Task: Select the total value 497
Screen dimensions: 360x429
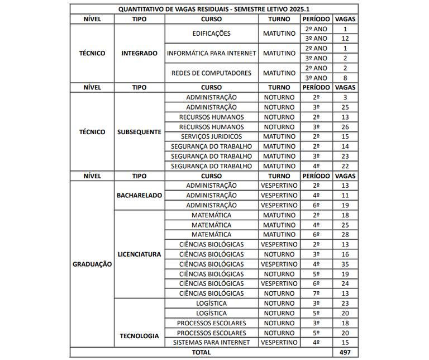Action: pos(345,352)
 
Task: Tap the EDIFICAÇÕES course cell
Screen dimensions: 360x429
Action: pos(211,34)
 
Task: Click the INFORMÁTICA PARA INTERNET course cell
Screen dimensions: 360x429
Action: pos(211,53)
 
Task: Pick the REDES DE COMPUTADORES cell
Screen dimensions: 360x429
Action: pos(211,73)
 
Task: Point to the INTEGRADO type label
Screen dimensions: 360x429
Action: pos(139,53)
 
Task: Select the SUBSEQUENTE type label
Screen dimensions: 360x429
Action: pos(139,132)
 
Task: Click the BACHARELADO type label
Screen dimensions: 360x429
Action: pos(139,195)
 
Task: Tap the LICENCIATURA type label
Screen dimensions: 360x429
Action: pos(139,254)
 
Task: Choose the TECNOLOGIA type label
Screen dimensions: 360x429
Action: pos(139,336)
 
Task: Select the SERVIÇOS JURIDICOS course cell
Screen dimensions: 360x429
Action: pos(211,136)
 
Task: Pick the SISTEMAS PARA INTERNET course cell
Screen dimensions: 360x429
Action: pos(211,342)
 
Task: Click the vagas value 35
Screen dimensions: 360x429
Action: pos(345,264)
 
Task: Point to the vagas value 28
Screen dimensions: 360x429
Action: pos(345,234)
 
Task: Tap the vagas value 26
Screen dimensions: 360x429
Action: pos(345,126)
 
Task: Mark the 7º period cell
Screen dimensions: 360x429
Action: pos(316,293)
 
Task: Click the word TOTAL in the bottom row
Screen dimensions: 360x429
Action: pos(201,352)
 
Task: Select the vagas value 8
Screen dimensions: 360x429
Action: pos(345,78)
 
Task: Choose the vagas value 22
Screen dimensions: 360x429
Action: pos(345,166)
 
